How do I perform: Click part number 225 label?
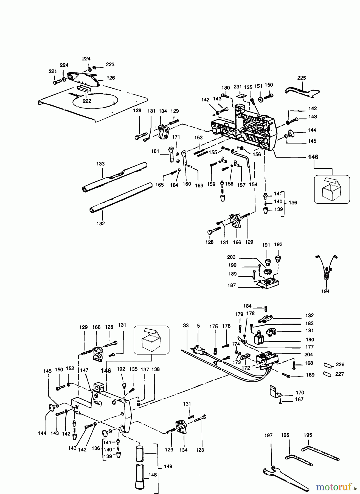point(301,78)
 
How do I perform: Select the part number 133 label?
point(100,164)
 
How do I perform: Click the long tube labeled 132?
point(121,197)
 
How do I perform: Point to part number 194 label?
point(325,291)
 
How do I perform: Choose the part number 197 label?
point(268,435)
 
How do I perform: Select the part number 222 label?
point(87,101)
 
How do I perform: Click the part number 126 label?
point(111,78)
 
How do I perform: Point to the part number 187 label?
point(232,285)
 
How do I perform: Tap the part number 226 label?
point(340,364)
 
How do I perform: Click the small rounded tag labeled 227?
point(328,374)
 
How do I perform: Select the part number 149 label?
point(168,466)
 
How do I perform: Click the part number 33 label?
point(186,326)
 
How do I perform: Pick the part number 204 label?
point(308,354)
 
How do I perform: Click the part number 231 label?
point(238,87)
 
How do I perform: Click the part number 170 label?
point(300,393)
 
